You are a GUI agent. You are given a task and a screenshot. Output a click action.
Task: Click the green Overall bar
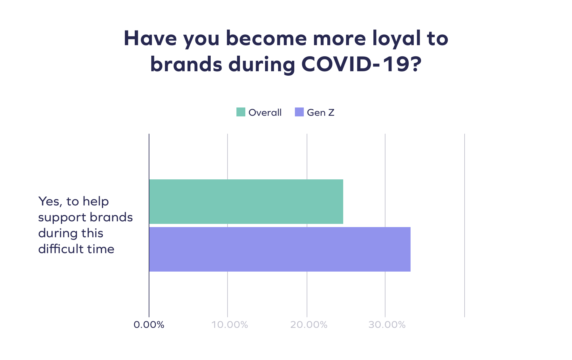pyautogui.click(x=246, y=202)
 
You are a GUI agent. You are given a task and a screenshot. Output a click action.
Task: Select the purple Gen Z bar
pyautogui.click(x=280, y=249)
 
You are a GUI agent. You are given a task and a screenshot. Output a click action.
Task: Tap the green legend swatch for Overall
pyautogui.click(x=241, y=112)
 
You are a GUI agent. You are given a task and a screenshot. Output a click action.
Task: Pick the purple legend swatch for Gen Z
pyautogui.click(x=299, y=112)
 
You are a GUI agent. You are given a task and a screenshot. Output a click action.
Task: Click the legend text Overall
pyautogui.click(x=265, y=113)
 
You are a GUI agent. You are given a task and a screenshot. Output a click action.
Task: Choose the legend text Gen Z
pyautogui.click(x=320, y=113)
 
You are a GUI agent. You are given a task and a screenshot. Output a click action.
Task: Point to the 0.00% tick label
pyautogui.click(x=149, y=325)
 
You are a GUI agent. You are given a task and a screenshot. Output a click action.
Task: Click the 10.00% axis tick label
pyautogui.click(x=229, y=325)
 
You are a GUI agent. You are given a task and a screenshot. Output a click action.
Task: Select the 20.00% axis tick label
pyautogui.click(x=309, y=325)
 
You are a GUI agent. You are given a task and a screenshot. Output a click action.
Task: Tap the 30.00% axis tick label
pyautogui.click(x=387, y=325)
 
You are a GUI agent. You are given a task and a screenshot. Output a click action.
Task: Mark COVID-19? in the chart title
pyautogui.click(x=361, y=64)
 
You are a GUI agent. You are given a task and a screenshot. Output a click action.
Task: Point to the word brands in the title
pyautogui.click(x=186, y=64)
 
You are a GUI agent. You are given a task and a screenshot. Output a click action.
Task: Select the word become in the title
pyautogui.click(x=266, y=38)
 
